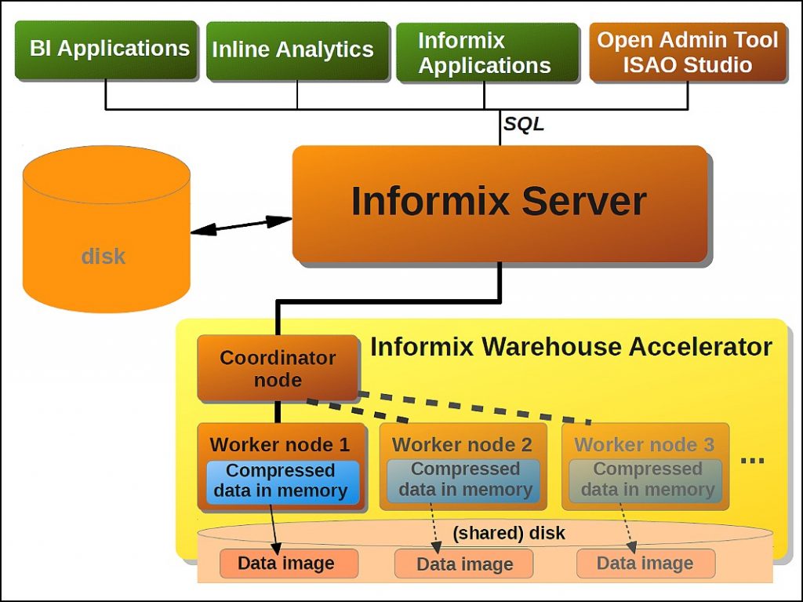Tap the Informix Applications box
[x=484, y=53]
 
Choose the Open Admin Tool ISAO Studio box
[x=687, y=52]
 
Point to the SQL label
[x=523, y=124]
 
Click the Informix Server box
[x=499, y=202]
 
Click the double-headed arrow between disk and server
[x=242, y=224]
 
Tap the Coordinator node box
[x=278, y=368]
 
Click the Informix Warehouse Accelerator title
[x=570, y=346]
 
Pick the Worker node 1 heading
[x=280, y=445]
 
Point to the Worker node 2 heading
[x=462, y=445]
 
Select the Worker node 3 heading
[x=644, y=445]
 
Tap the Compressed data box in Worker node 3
[x=646, y=480]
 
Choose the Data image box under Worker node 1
[x=286, y=563]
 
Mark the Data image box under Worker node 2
[x=463, y=564]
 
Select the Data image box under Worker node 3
[x=645, y=563]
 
